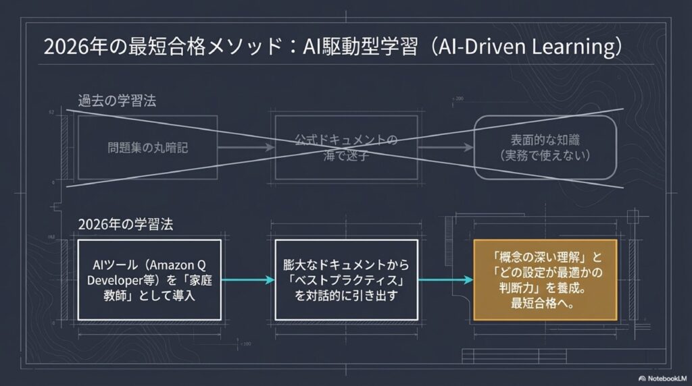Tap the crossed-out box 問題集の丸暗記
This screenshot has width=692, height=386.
tap(147, 146)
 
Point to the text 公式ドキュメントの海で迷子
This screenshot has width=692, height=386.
tap(345, 146)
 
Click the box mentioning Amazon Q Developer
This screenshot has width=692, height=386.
tap(150, 279)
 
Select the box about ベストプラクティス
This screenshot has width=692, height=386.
tap(347, 279)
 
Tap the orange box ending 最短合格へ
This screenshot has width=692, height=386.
tap(545, 279)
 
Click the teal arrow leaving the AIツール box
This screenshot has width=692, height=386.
tap(248, 279)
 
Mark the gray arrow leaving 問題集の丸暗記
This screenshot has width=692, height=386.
tap(245, 146)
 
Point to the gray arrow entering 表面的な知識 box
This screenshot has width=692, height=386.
tap(445, 146)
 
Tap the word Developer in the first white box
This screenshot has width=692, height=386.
tap(119, 279)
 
